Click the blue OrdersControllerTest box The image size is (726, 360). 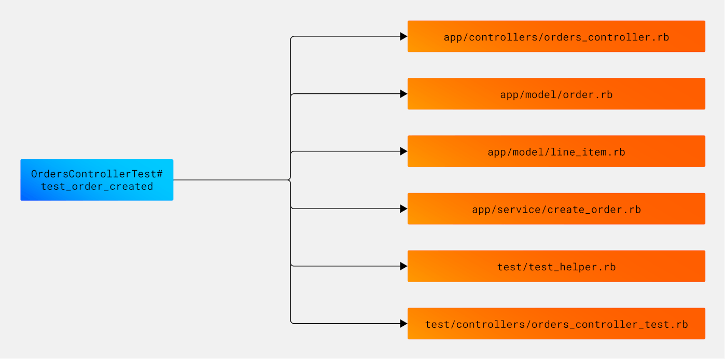coord(96,179)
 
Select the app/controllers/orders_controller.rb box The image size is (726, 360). coord(556,36)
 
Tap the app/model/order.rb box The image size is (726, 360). coord(556,94)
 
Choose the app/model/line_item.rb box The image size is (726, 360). coord(556,151)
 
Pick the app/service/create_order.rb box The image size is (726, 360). coord(556,209)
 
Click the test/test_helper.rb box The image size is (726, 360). coord(556,266)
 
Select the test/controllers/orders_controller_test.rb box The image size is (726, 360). coord(556,324)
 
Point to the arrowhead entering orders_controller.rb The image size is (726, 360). coord(403,36)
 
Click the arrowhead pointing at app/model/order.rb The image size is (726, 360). coord(403,94)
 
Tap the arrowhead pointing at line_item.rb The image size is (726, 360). coord(403,151)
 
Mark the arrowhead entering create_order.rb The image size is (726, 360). coord(403,209)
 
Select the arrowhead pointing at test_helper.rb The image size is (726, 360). coord(403,266)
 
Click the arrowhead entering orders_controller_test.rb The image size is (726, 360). coord(403,324)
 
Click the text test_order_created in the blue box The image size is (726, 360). coord(97,186)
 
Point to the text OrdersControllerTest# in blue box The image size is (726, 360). coord(97,174)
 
